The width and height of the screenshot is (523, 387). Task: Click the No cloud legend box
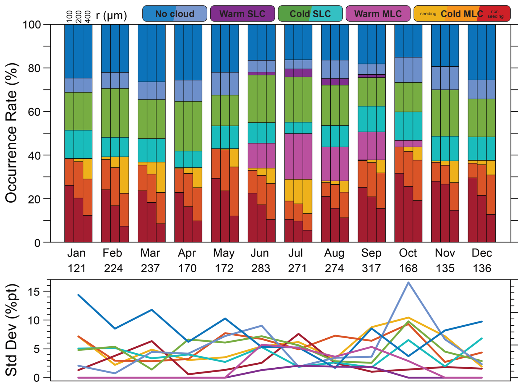(174, 14)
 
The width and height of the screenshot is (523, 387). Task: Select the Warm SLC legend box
(242, 14)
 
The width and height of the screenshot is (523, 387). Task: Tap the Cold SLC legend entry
(310, 14)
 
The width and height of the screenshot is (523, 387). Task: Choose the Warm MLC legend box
(378, 14)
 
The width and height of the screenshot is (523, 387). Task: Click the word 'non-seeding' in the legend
(495, 14)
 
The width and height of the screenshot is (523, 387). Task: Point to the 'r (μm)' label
(111, 15)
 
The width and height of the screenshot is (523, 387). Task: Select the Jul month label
(296, 253)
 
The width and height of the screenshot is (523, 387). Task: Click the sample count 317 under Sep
(371, 268)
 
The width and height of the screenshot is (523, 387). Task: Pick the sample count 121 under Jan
(77, 268)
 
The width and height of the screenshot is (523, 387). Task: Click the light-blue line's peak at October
(408, 283)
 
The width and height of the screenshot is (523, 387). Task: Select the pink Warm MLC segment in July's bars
(298, 156)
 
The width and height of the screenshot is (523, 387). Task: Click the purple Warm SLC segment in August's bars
(334, 82)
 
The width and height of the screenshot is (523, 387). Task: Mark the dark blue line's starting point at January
(79, 295)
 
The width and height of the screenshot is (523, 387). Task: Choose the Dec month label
(482, 253)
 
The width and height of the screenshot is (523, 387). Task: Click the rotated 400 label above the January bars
(88, 17)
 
